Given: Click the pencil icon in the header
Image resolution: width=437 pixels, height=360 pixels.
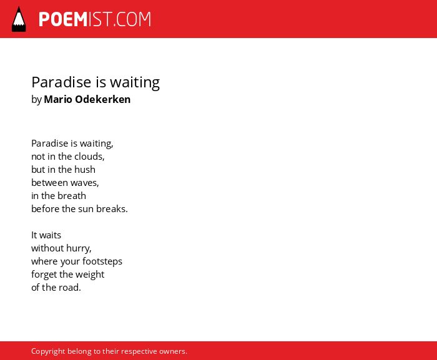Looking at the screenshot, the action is point(19,19).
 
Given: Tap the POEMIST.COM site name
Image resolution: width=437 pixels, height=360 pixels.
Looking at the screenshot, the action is point(95,19).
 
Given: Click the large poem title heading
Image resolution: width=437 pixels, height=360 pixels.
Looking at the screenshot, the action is point(96,83).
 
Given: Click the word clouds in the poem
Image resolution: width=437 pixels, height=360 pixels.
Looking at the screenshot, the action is point(89,157).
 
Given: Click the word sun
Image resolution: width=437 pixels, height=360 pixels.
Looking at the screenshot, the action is point(86,209).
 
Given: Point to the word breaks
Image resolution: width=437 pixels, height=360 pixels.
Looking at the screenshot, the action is point(112,208).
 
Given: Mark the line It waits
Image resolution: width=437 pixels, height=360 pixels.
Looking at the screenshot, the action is point(46,235).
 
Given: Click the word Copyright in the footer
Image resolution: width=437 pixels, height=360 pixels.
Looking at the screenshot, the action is point(48,351).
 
